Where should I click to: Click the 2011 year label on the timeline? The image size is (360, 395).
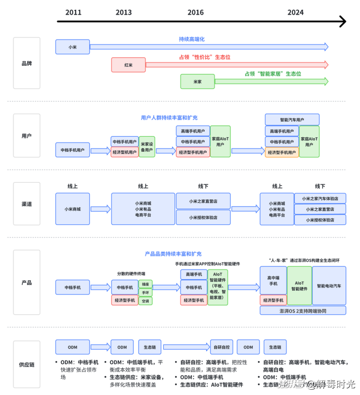(x=73, y=12)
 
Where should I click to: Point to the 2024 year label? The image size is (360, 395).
(x=295, y=12)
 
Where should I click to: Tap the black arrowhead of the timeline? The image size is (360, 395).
(x=342, y=21)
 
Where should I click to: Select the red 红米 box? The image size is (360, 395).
(x=128, y=65)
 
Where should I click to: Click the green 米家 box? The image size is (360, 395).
(x=197, y=81)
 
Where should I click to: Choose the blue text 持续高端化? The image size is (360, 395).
(x=191, y=39)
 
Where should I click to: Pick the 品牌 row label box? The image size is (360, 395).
(x=27, y=63)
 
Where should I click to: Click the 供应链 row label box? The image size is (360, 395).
(x=27, y=364)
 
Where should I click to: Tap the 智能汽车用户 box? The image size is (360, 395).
(x=292, y=119)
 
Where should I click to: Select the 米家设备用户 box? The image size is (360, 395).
(x=147, y=147)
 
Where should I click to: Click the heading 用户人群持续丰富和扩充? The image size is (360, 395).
(x=169, y=117)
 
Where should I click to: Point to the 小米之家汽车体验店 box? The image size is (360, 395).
(x=320, y=198)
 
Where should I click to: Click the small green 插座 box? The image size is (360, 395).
(x=146, y=284)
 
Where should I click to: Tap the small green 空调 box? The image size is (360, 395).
(x=146, y=301)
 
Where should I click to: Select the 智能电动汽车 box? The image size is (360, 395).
(x=329, y=286)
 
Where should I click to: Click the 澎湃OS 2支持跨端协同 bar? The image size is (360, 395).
(x=303, y=310)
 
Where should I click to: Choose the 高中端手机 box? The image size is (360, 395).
(x=273, y=281)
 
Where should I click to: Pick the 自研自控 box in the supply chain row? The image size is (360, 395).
(x=222, y=347)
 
